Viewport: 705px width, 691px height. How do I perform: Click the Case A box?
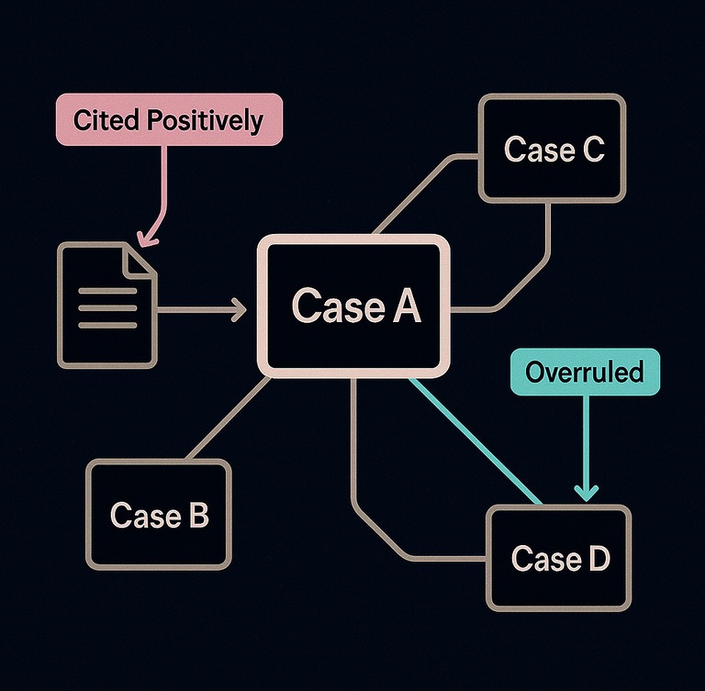[355, 306]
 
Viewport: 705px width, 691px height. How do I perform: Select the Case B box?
[159, 515]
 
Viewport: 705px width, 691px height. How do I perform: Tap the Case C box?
[553, 149]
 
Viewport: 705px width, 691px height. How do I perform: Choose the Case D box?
[559, 557]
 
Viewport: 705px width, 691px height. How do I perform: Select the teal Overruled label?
[584, 373]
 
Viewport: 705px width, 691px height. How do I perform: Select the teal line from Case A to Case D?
[473, 440]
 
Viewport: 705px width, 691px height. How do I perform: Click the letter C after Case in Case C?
[592, 149]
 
